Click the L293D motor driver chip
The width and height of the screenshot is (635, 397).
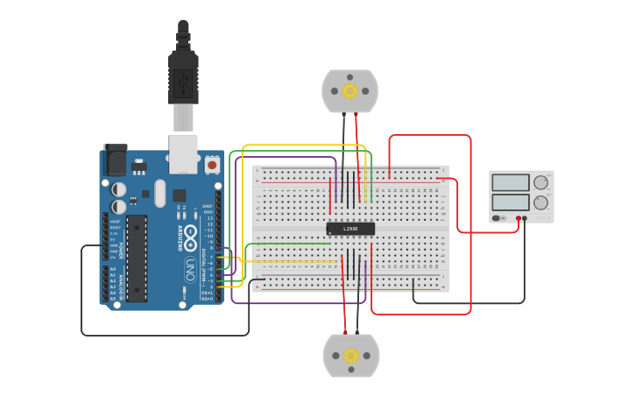pos(350,229)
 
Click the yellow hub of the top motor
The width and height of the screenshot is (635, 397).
pos(349,91)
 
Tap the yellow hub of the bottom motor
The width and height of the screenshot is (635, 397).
pos(351,355)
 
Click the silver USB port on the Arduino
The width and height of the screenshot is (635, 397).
pos(183,153)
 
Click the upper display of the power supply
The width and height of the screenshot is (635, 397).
pos(511,182)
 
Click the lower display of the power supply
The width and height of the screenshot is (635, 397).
pos(511,202)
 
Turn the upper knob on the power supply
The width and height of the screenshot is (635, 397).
pos(540,182)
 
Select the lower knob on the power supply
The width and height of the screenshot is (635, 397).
pos(540,202)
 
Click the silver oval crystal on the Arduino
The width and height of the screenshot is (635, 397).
pos(159,193)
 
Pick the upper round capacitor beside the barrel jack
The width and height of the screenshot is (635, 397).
pos(119,188)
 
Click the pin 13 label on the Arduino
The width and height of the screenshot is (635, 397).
pos(208,218)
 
